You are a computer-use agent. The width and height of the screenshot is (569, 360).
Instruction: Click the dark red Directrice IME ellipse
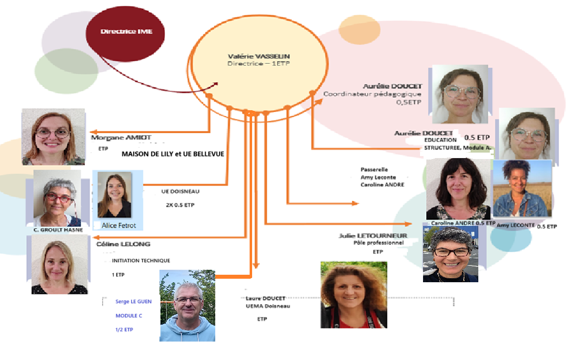pyautogui.click(x=126, y=31)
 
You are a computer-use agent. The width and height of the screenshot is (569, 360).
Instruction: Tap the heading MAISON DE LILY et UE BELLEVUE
pyautogui.click(x=173, y=154)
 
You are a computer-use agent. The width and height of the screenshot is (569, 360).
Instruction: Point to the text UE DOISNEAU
pyautogui.click(x=178, y=191)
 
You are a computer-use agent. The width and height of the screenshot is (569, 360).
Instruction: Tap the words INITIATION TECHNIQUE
pyautogui.click(x=141, y=260)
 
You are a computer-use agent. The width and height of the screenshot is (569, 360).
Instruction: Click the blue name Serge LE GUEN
pyautogui.click(x=134, y=301)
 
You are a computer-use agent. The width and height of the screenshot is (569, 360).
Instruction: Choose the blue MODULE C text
pyautogui.click(x=129, y=316)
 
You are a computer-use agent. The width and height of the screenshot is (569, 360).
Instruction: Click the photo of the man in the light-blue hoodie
pyautogui.click(x=187, y=305)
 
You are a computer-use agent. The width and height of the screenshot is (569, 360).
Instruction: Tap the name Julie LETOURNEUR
pyautogui.click(x=371, y=235)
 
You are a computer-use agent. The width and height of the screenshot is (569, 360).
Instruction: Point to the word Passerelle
pyautogui.click(x=374, y=170)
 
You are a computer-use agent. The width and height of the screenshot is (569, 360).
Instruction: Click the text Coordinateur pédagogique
pyautogui.click(x=372, y=94)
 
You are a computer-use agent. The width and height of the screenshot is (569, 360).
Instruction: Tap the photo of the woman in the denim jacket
pyautogui.click(x=522, y=188)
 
